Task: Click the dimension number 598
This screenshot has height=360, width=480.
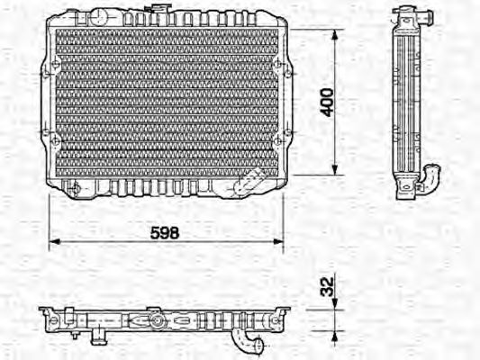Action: [x=164, y=232]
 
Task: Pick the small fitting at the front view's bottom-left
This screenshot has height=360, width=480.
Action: [x=77, y=188]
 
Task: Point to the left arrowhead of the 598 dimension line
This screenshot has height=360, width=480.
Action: [x=52, y=241]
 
